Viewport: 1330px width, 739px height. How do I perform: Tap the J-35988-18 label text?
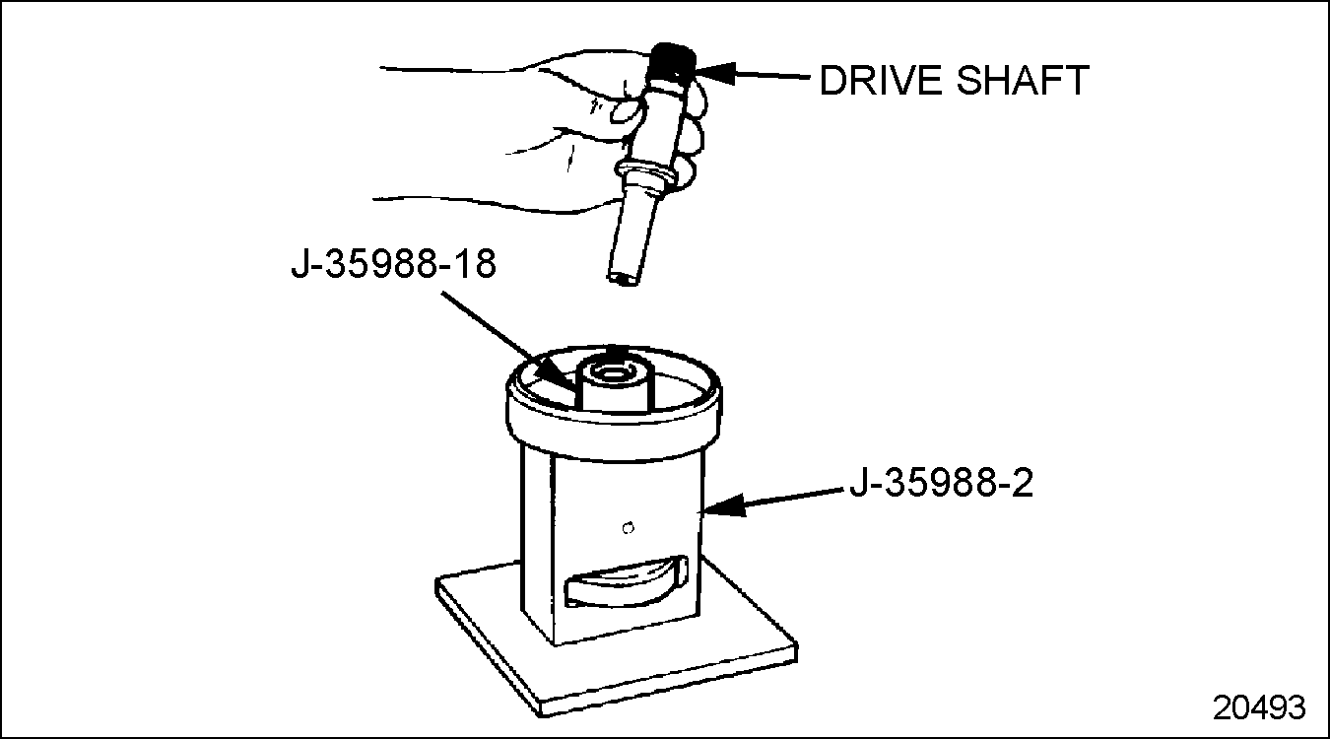point(393,264)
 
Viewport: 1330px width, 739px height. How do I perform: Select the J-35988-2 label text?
point(942,483)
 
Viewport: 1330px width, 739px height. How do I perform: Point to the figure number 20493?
point(1259,707)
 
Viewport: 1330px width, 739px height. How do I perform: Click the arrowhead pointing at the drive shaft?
point(715,74)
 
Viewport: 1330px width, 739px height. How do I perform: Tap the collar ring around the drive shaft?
point(645,169)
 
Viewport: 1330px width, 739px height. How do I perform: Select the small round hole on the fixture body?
point(629,527)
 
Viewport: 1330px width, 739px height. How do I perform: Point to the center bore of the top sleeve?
point(612,374)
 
